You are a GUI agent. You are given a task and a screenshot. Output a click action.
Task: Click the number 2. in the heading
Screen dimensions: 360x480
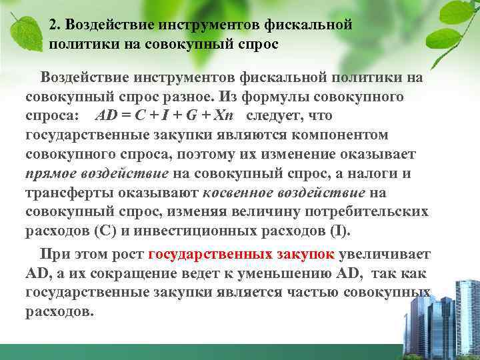click(x=55, y=25)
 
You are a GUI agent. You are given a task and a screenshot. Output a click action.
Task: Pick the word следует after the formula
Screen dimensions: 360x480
click(x=272, y=116)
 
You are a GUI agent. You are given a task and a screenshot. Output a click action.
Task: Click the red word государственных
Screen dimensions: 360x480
click(x=209, y=255)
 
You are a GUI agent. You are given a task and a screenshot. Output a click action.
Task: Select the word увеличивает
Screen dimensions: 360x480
click(x=385, y=255)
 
